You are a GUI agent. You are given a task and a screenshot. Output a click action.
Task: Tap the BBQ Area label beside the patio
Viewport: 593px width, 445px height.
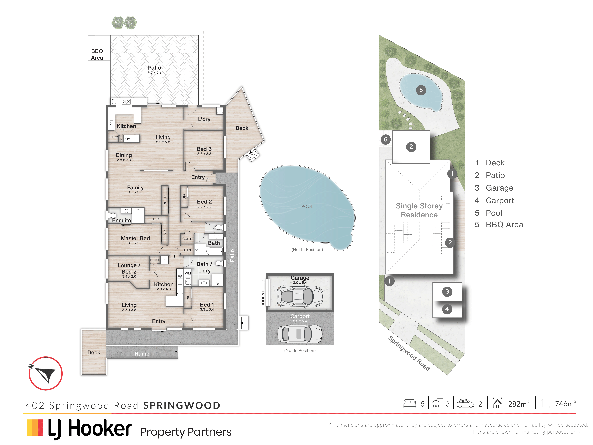97,54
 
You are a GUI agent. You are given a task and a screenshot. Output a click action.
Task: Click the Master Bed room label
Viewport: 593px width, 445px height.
135,238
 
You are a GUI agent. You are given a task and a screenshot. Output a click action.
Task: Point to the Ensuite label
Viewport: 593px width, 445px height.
121,220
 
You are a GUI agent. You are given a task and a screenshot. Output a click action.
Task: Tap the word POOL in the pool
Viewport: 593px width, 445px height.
307,207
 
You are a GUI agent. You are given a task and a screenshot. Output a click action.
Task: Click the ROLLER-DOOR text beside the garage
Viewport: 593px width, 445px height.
263,292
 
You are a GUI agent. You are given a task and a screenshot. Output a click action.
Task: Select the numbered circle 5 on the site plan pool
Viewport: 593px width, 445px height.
421,90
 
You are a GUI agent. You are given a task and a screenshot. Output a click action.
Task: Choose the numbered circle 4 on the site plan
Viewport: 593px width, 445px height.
447,309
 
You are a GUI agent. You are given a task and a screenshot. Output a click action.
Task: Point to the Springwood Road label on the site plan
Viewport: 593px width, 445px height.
409,353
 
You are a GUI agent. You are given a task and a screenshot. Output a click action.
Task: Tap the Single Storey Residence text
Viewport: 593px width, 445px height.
419,210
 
